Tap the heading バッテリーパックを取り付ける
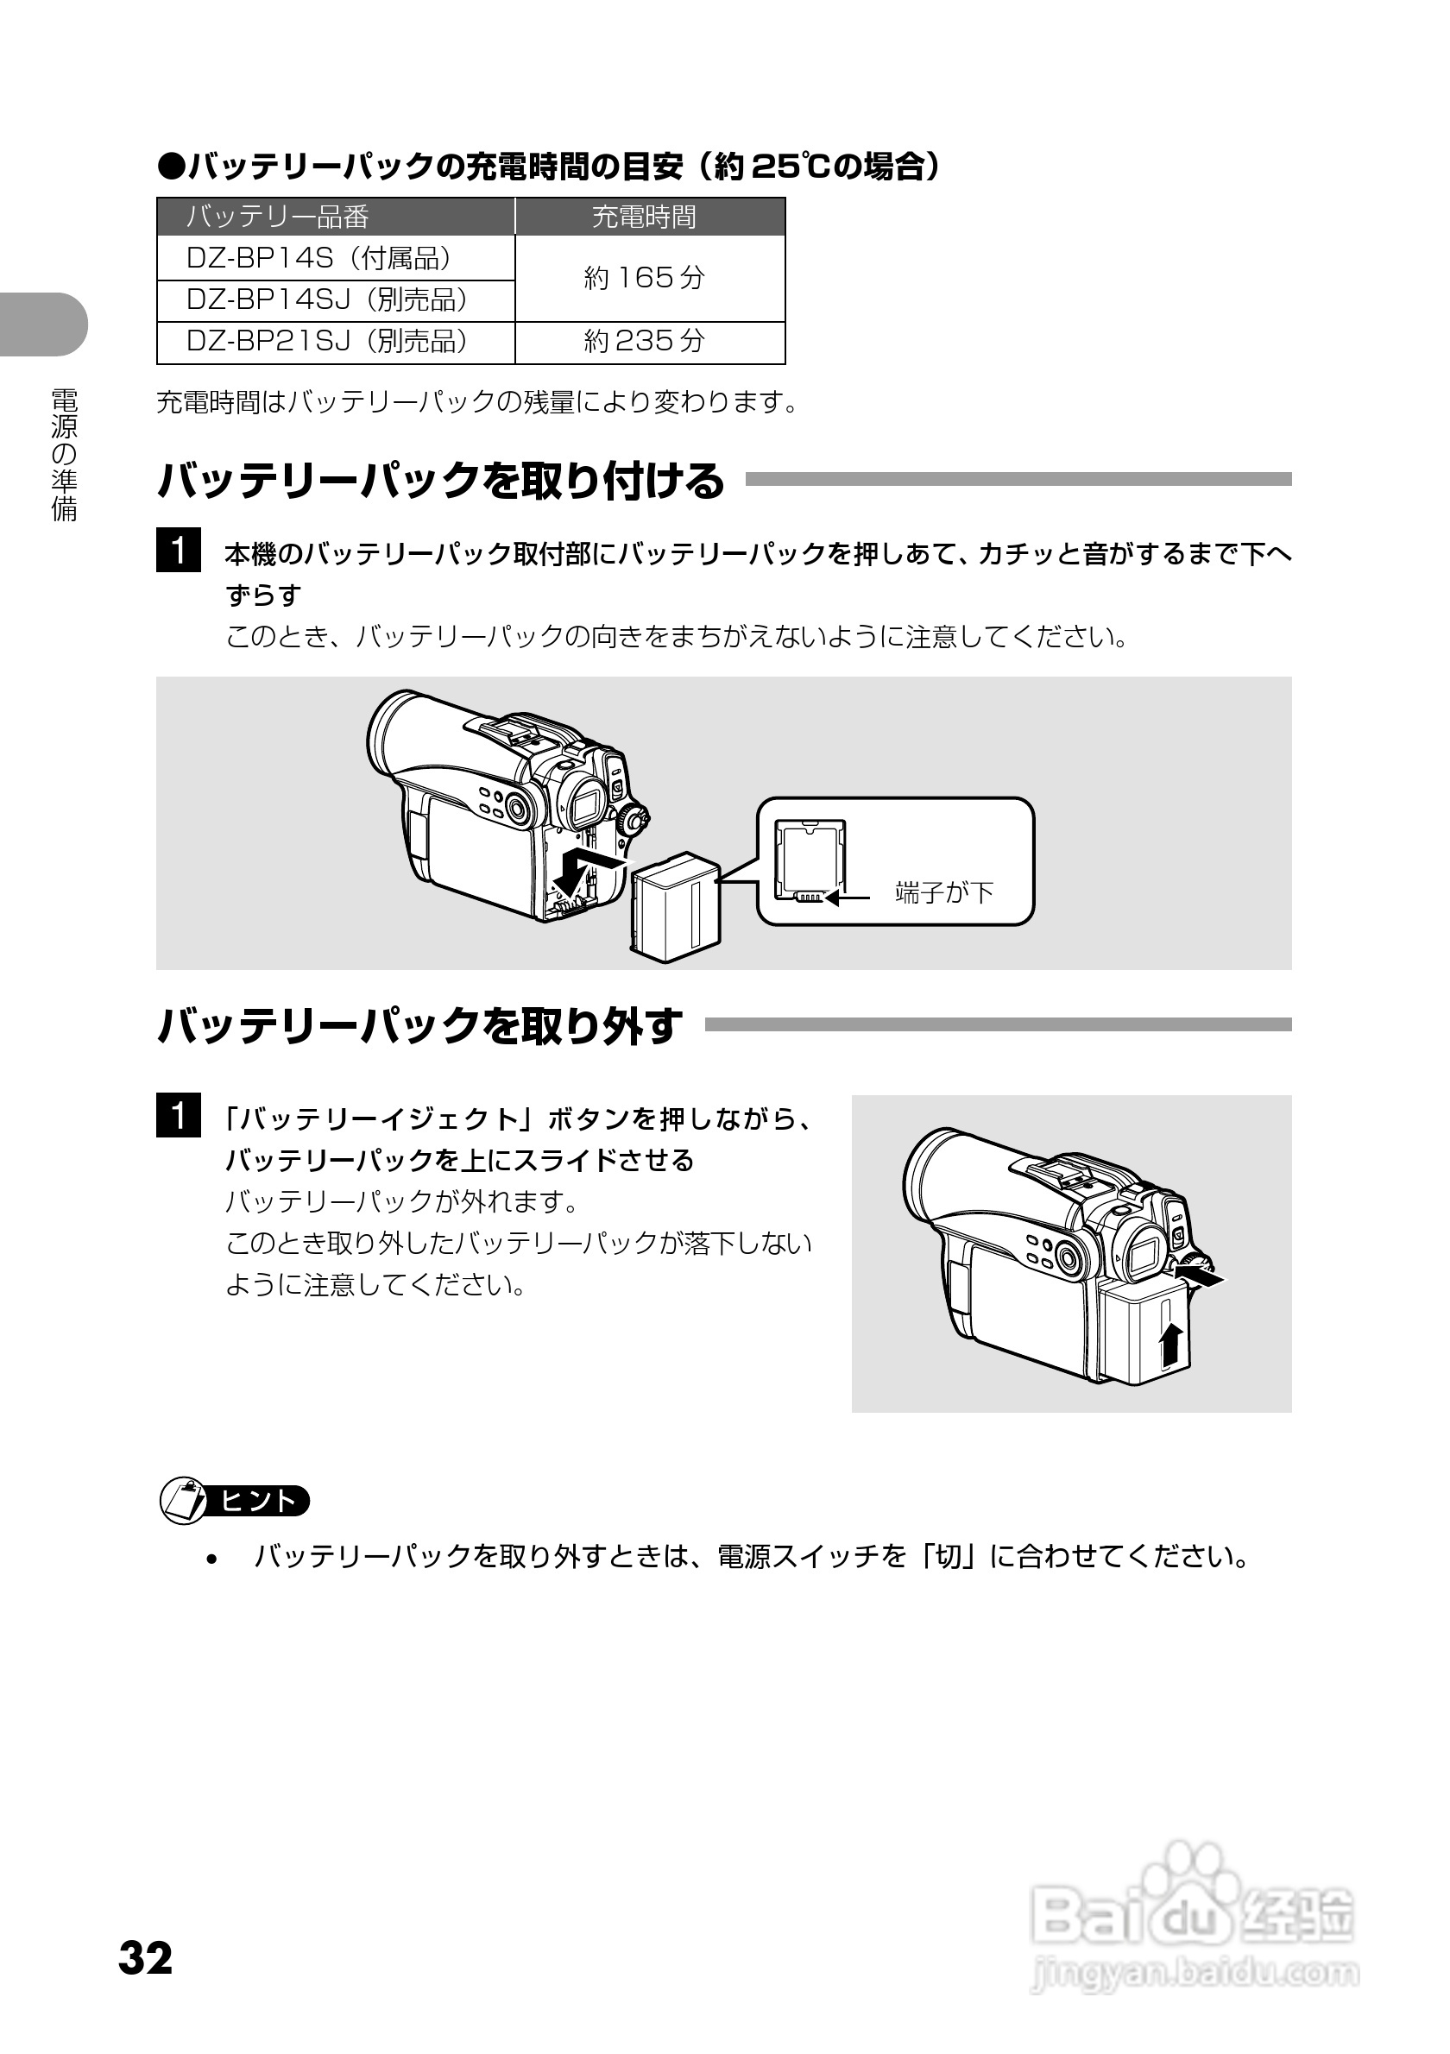pyautogui.click(x=440, y=482)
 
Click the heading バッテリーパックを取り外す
pyautogui.click(x=419, y=1026)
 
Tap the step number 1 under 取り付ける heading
pyautogui.click(x=178, y=551)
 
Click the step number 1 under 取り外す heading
pyautogui.click(x=178, y=1116)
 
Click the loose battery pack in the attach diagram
pyautogui.click(x=675, y=906)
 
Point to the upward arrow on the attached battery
pyautogui.click(x=1171, y=1344)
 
